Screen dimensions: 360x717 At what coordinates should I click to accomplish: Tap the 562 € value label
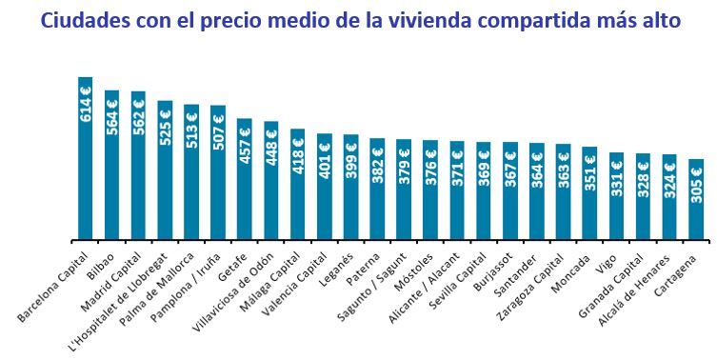[139, 117]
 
